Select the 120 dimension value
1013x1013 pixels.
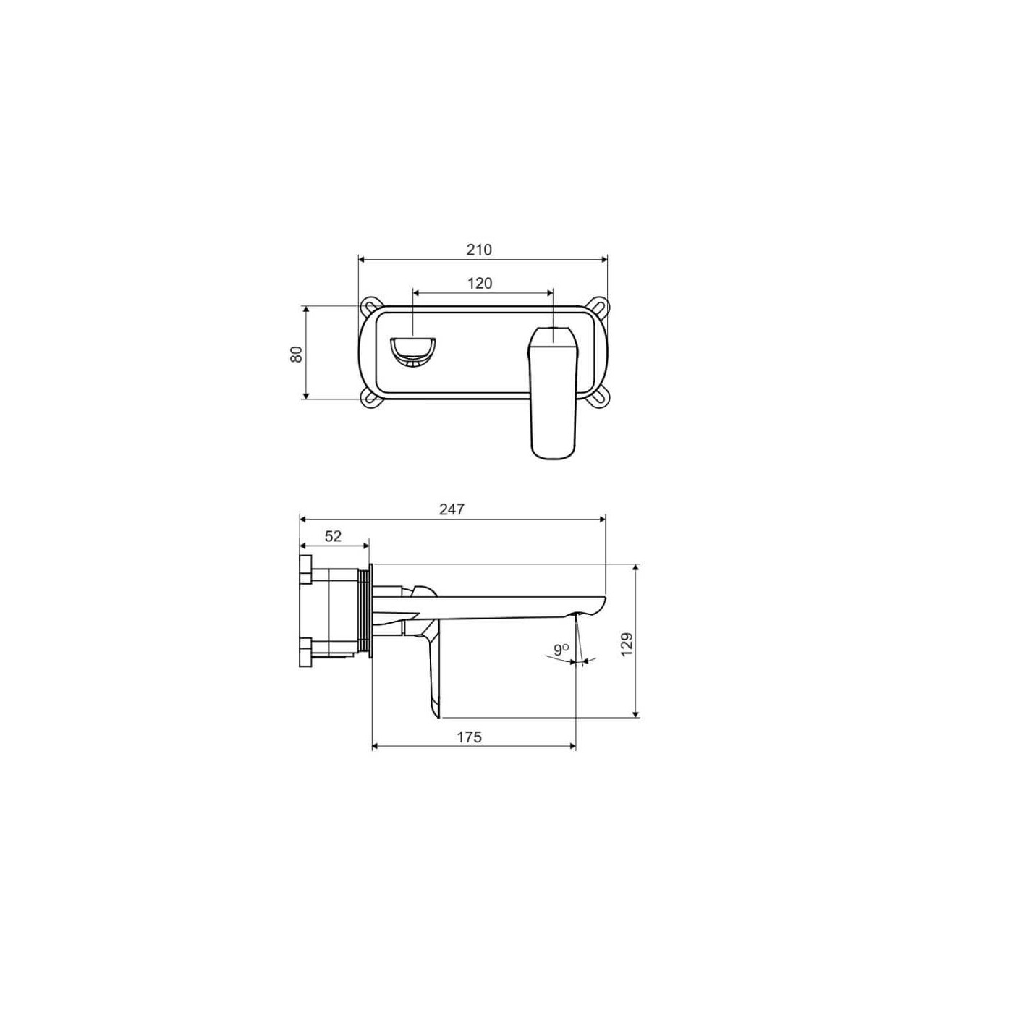click(x=480, y=284)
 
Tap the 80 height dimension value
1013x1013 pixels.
click(x=297, y=354)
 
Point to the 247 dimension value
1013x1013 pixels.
click(x=452, y=509)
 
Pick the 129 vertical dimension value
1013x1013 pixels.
click(x=627, y=644)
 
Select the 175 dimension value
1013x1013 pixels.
click(x=469, y=737)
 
